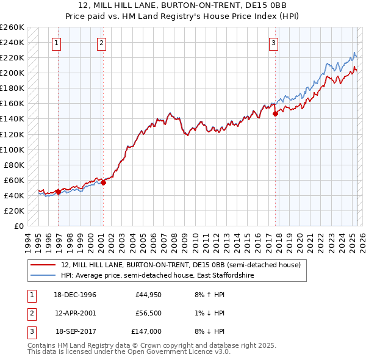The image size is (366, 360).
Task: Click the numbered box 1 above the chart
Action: coord(56,43)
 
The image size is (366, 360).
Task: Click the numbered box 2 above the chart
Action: coord(101,43)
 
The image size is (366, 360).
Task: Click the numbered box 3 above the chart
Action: coord(274,43)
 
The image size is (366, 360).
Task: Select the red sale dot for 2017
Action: coord(275,113)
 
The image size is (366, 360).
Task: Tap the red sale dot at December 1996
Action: coord(58,191)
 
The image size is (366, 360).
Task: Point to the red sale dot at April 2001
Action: coord(103,182)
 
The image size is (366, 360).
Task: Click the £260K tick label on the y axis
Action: coord(12,27)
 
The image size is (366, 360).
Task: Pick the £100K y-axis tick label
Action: coord(12,149)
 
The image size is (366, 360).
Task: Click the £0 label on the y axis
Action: coord(18,226)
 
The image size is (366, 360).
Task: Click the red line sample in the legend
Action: coord(43,265)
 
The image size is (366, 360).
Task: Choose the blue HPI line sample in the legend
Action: coord(43,276)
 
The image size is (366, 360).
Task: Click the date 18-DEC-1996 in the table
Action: coord(76,295)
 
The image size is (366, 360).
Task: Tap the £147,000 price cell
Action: coord(146,331)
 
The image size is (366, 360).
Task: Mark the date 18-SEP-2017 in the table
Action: coord(76,331)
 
